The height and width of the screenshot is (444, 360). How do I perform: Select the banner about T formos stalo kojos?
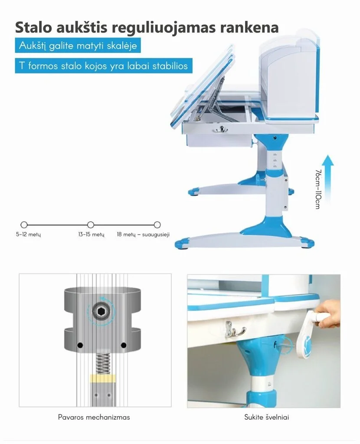coord(104,66)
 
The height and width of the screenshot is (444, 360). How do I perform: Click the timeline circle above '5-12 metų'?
coord(24,225)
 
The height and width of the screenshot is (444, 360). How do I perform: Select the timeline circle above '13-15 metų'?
coord(91,225)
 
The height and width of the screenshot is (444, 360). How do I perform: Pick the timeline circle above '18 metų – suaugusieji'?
coord(157,225)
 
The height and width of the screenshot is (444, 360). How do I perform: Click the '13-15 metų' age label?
coord(92,235)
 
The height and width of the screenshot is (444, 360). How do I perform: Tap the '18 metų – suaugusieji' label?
coord(143,235)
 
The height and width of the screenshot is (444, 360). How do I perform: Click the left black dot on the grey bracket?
coord(80,345)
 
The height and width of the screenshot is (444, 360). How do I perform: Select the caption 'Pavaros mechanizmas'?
coord(94,418)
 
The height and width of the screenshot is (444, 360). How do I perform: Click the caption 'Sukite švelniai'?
coord(267,418)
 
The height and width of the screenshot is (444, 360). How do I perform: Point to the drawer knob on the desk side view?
coord(222,128)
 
